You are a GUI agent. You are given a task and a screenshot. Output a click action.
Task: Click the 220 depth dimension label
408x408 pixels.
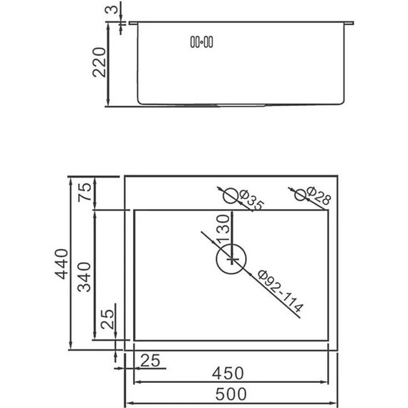click(99, 62)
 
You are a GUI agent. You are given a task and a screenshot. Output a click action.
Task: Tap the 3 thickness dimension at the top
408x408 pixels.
click(111, 9)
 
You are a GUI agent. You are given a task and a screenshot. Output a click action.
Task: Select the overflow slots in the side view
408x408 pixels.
click(201, 42)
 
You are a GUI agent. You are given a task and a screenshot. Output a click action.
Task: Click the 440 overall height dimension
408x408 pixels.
click(62, 264)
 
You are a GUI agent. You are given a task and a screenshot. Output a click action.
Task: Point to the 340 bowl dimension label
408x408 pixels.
click(84, 277)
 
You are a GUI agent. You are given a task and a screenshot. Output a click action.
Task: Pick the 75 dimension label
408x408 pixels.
click(85, 192)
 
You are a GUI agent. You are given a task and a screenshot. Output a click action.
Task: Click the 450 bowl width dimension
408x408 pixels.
click(228, 373)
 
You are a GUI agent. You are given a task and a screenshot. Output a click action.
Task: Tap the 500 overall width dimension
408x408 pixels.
click(230, 394)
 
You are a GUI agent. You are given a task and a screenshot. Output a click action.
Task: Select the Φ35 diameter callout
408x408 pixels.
click(251, 200)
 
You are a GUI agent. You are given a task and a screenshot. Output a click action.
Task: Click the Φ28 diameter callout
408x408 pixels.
click(319, 195)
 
